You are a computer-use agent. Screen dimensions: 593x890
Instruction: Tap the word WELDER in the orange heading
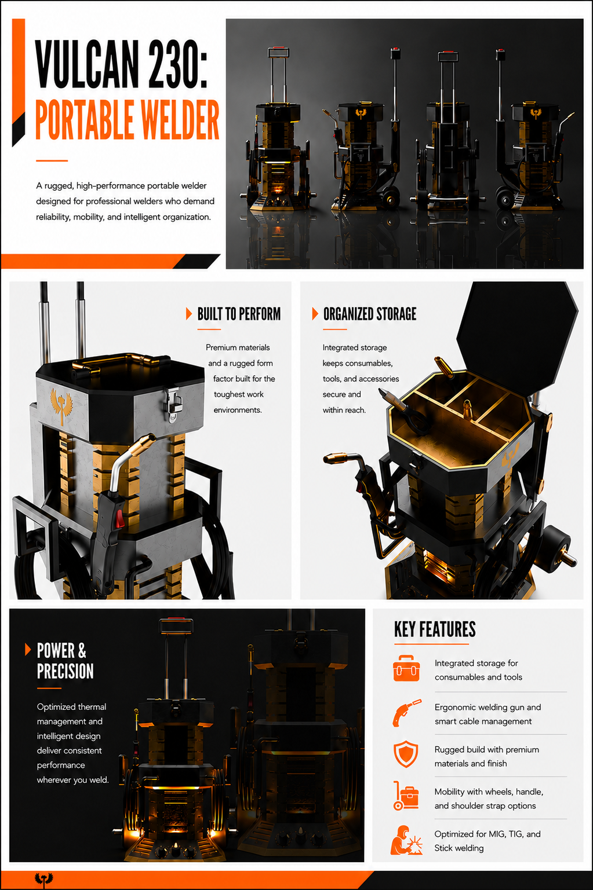[180, 119]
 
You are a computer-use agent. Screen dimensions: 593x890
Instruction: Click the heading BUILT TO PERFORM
[239, 314]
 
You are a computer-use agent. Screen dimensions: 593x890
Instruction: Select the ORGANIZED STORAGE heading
[369, 314]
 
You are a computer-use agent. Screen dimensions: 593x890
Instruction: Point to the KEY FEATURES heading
[435, 629]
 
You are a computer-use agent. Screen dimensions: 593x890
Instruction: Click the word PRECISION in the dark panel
[66, 671]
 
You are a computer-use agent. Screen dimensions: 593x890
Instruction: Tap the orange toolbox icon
[406, 669]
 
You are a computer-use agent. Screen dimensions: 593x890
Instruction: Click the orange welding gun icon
[406, 713]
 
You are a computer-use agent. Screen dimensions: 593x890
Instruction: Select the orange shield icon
[406, 754]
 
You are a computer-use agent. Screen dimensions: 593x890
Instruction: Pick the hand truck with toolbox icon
[406, 796]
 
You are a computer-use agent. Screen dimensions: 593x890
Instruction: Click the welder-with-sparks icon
[406, 840]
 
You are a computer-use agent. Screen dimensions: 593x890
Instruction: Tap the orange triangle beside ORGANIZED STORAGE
[315, 313]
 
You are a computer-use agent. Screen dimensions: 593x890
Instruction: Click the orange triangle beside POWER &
[28, 649]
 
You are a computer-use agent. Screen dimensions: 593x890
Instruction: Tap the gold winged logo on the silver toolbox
[61, 405]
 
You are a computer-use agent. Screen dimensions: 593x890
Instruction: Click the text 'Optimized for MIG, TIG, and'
[487, 834]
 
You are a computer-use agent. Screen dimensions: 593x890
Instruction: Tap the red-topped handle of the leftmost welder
[278, 52]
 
